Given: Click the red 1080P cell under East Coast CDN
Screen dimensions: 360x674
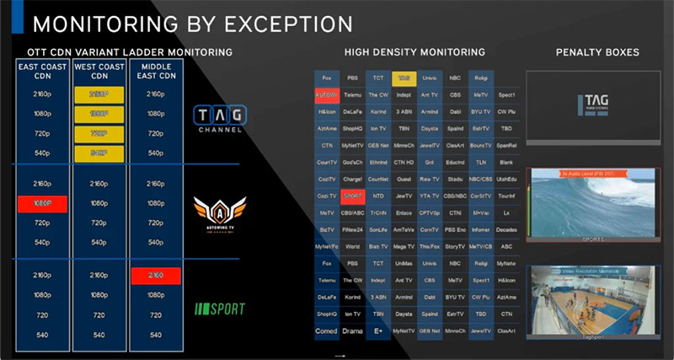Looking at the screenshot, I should click(x=40, y=203).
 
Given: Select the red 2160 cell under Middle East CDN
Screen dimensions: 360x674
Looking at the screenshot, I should click(x=155, y=276).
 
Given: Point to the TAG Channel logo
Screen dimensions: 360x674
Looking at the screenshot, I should click(x=219, y=119).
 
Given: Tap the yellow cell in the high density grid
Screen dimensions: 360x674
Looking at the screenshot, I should click(x=404, y=78).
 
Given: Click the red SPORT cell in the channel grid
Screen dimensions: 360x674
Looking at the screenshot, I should click(x=353, y=196).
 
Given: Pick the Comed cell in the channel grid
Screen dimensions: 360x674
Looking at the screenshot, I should click(x=327, y=330).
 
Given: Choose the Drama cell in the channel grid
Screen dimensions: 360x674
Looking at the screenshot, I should click(x=353, y=330).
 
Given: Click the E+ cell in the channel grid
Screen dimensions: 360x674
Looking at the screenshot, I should click(x=378, y=330).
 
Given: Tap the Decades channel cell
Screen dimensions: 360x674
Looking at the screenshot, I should click(x=506, y=228).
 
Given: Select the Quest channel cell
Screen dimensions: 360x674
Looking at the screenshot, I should click(x=404, y=179).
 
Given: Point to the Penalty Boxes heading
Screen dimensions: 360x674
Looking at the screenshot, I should click(x=597, y=53).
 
